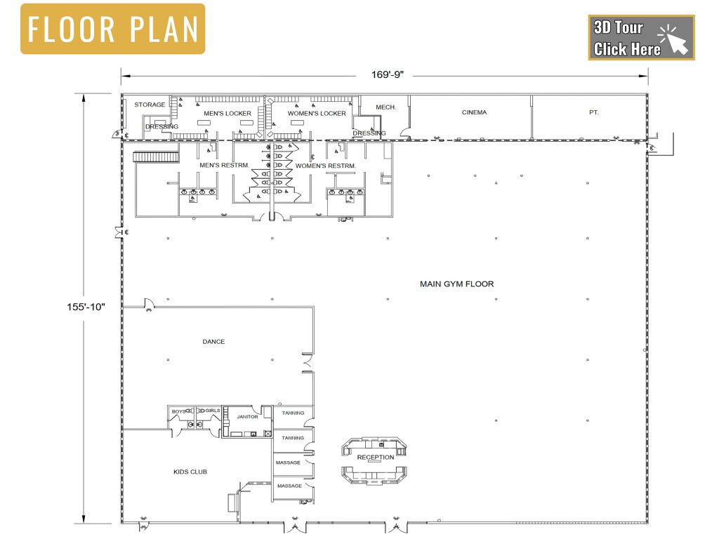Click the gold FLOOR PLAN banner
pyautogui.click(x=113, y=29)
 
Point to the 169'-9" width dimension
pyautogui.click(x=388, y=74)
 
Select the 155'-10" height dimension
pyautogui.click(x=86, y=307)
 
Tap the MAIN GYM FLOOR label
pyautogui.click(x=456, y=284)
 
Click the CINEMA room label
pyautogui.click(x=474, y=112)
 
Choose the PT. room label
pyautogui.click(x=594, y=112)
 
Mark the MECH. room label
pyautogui.click(x=385, y=107)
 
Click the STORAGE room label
pyautogui.click(x=150, y=105)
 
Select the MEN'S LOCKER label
pyautogui.click(x=227, y=113)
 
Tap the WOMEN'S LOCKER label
pyautogui.click(x=317, y=113)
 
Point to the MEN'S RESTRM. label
pyautogui.click(x=224, y=165)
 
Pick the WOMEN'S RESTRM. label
pyautogui.click(x=326, y=166)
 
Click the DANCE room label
pyautogui.click(x=213, y=342)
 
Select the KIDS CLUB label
pyautogui.click(x=190, y=472)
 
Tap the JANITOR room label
pyautogui.click(x=248, y=417)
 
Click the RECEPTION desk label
pyautogui.click(x=376, y=457)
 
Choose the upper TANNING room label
pyautogui.click(x=293, y=413)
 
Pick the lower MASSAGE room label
pyautogui.click(x=289, y=486)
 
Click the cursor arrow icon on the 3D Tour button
pyautogui.click(x=674, y=40)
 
